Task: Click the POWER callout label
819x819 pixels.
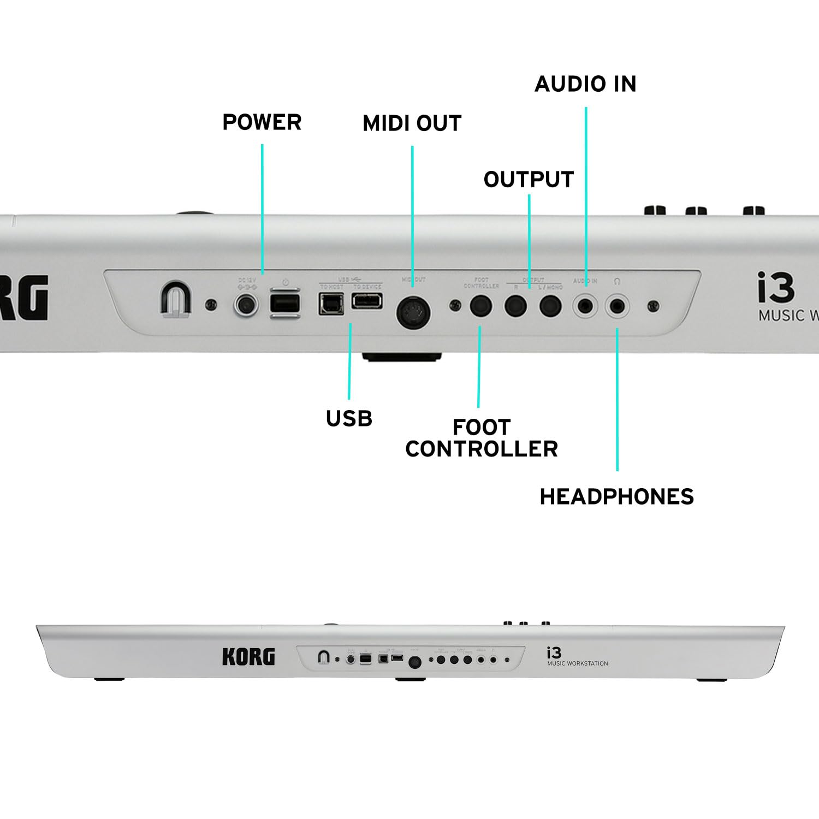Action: click(x=262, y=122)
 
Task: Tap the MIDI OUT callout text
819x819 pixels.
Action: click(x=412, y=123)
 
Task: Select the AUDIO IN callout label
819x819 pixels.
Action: click(x=585, y=84)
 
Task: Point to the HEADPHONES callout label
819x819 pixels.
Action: click(x=616, y=496)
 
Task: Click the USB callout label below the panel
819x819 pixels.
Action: click(x=349, y=419)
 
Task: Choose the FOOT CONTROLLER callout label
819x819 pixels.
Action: click(x=481, y=438)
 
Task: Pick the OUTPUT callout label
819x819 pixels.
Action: click(x=529, y=180)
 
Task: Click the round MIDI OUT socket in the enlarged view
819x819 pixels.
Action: click(x=413, y=313)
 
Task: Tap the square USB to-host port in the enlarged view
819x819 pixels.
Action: click(x=331, y=304)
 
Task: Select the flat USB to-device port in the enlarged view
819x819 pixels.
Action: click(x=366, y=300)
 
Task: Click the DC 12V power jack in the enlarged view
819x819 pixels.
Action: click(x=246, y=305)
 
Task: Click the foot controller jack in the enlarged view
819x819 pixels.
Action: click(x=481, y=306)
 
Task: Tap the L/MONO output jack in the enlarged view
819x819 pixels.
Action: click(x=550, y=306)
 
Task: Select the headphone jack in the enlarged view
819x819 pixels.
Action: click(x=618, y=306)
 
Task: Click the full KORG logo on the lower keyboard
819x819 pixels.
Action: click(x=248, y=657)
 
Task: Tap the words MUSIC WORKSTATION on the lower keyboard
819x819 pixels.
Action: click(x=578, y=663)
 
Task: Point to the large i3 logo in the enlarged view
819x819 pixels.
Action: click(x=775, y=289)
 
